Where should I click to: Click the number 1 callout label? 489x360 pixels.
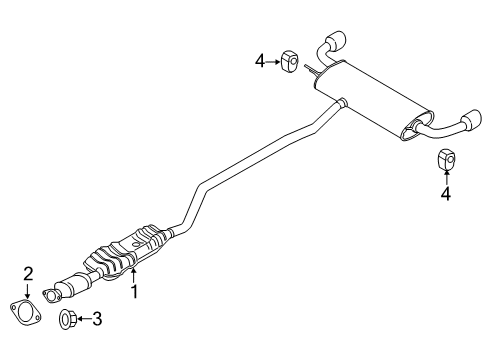134,292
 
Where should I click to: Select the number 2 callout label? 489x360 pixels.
29,272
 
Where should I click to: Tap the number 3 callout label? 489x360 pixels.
96,320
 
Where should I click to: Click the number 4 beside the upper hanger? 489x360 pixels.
260,60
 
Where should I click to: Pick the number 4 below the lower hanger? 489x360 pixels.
446,194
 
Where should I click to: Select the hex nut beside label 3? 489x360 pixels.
65,320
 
